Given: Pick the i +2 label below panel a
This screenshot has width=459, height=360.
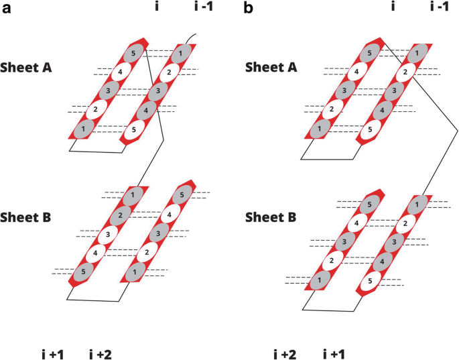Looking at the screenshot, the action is (x=101, y=353).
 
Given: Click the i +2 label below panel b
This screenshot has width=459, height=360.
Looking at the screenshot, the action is (x=285, y=353).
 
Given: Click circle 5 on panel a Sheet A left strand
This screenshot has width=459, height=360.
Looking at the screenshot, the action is (x=133, y=53).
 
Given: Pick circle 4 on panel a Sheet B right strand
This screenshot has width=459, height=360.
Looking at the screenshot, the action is (x=170, y=215).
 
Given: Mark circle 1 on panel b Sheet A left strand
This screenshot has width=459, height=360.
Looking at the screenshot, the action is (x=320, y=128).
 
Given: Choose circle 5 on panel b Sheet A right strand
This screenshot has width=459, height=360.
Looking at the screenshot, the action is (x=368, y=128).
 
